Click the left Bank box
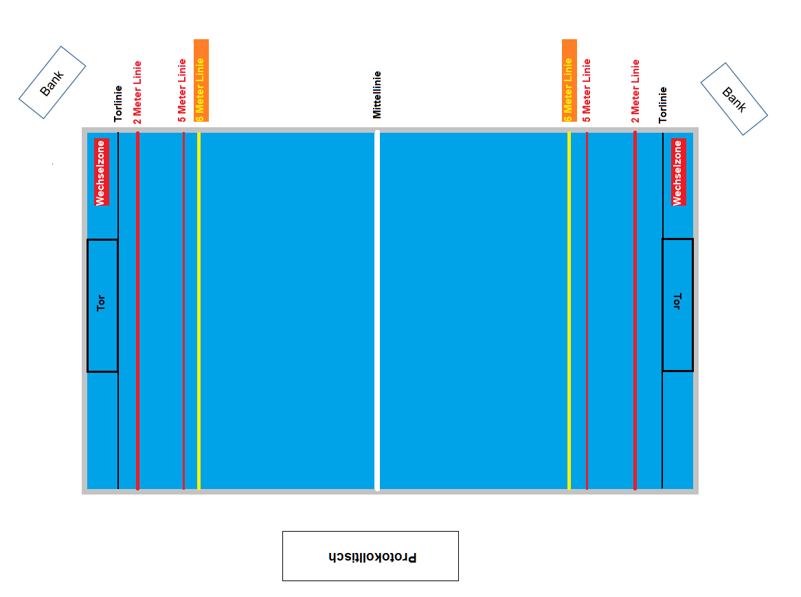52,83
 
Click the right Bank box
734,99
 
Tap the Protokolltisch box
370,556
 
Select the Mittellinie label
376,94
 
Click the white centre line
377,310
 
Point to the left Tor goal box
102,305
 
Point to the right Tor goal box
677,305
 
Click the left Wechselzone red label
102,172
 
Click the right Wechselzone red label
678,172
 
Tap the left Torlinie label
118,104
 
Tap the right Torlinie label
663,105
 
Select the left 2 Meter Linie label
137,92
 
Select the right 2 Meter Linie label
635,91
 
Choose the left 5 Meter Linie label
182,90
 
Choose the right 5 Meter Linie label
587,90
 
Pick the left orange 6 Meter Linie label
201,80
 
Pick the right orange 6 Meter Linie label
569,80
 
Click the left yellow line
199,310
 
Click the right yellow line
569,310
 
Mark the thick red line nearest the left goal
138,310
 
